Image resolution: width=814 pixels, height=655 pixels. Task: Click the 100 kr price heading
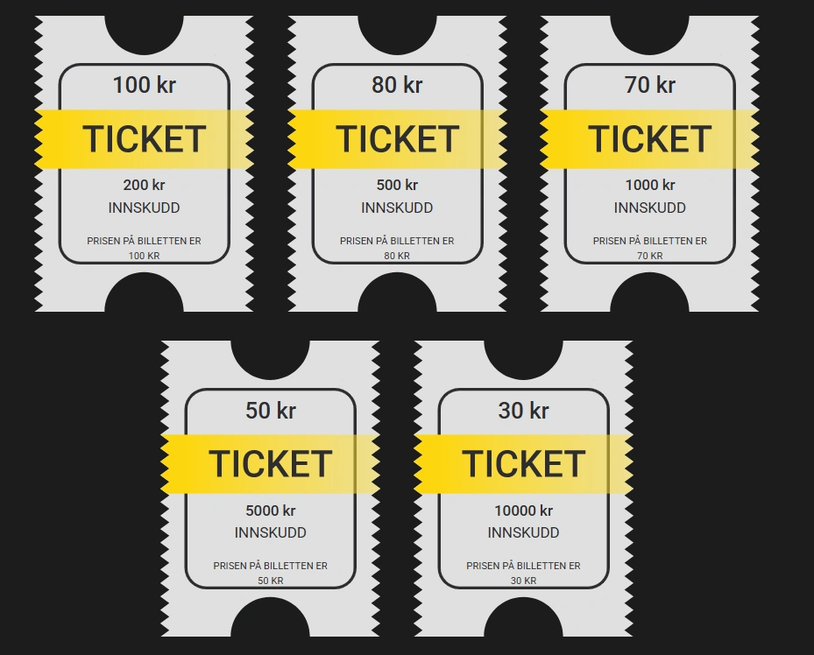coord(145,85)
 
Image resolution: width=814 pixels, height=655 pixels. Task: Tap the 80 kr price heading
coord(397,85)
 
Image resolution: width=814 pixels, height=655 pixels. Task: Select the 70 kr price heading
coord(650,85)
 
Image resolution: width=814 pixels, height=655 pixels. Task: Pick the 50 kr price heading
coord(271,410)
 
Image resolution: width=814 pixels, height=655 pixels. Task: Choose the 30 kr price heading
coord(523,410)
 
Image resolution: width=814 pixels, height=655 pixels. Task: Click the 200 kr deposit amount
coord(144,185)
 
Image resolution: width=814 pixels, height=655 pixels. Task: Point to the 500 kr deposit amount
coord(397,185)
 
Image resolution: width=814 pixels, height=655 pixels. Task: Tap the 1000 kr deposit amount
coord(650,185)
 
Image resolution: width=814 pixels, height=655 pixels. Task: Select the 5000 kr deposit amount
coord(271,511)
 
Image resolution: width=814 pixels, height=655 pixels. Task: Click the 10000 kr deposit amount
coord(523,511)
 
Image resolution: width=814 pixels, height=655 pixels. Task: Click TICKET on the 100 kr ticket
coord(145,139)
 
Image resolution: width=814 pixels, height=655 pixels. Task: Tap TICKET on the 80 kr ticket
coord(397,139)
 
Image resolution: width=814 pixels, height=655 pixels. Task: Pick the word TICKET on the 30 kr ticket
coord(523,463)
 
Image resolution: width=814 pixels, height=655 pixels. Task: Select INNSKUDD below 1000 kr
coord(650,208)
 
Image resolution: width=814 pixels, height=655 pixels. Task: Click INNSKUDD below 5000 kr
coord(271,532)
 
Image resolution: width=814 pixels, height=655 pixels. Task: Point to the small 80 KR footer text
coord(397,256)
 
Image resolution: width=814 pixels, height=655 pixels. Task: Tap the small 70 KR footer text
coord(650,256)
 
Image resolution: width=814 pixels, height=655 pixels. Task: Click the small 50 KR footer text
coord(271,581)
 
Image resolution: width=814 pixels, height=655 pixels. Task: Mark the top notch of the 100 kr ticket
coord(145,32)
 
